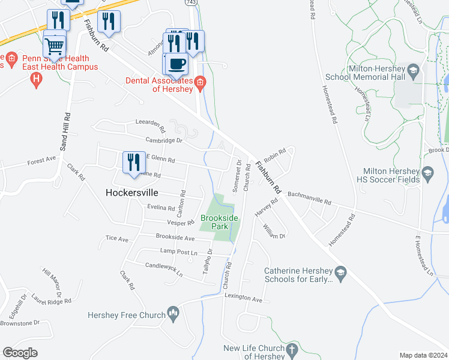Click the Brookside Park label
coord(214,222)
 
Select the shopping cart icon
coord(55,46)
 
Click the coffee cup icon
coord(176,63)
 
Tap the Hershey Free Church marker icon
coord(173,313)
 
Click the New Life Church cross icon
coord(292,349)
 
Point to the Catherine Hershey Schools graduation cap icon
coord(340,273)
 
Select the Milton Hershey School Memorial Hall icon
coord(413,71)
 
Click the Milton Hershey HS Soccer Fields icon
coord(427,174)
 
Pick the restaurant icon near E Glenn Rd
coord(133,161)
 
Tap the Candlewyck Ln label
coord(164,269)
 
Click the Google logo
coord(20,353)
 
